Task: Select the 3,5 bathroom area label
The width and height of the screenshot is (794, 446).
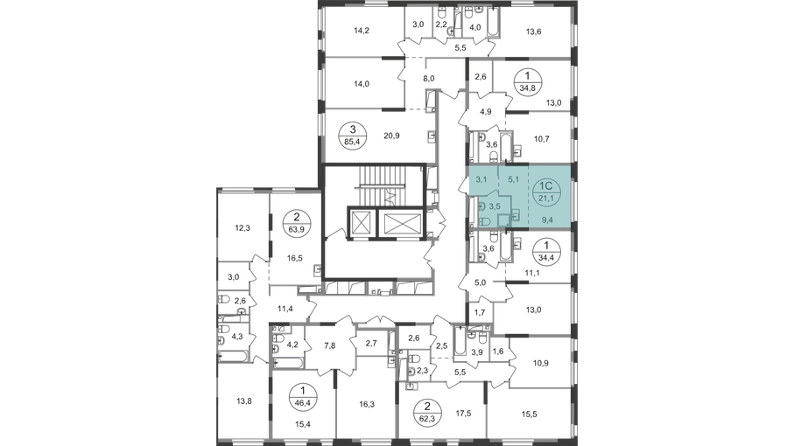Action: coord(495,206)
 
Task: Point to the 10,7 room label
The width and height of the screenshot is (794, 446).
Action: coord(543,138)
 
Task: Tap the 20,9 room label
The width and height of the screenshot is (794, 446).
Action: coord(392,136)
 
